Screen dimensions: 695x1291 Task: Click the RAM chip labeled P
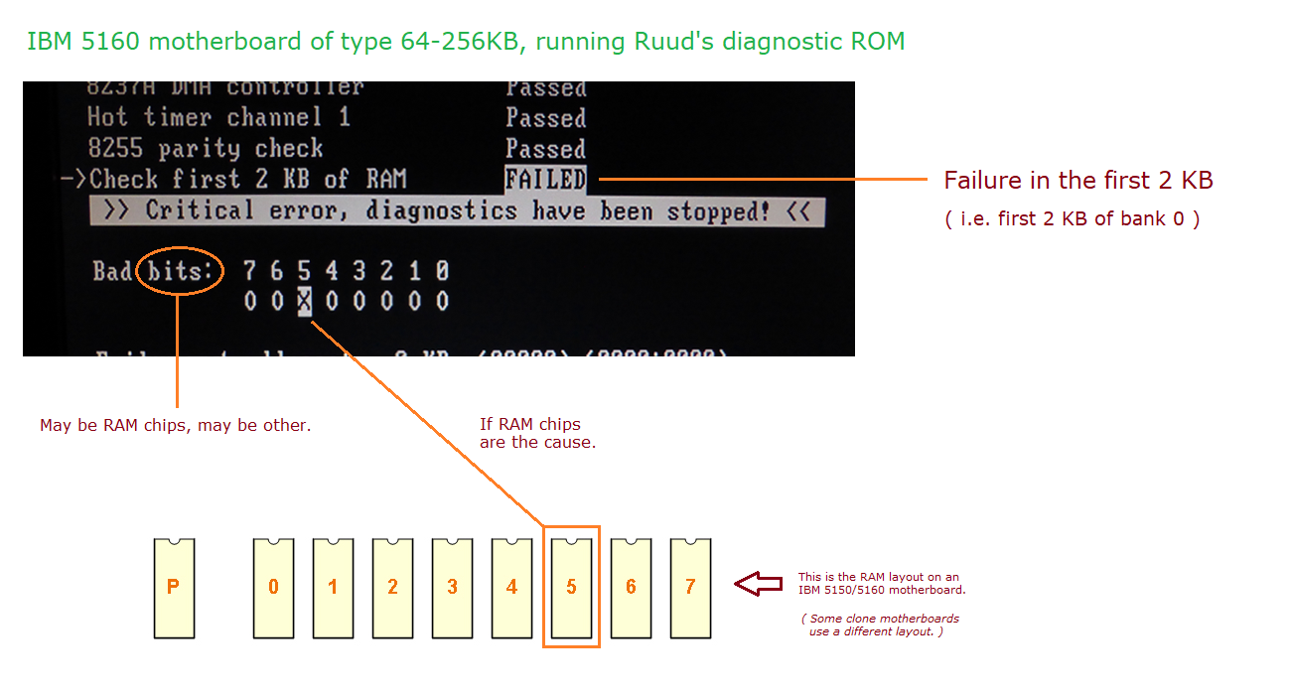(174, 588)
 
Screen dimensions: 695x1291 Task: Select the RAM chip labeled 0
(273, 588)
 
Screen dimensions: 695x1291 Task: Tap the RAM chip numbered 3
(452, 588)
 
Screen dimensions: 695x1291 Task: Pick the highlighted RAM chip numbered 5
(571, 588)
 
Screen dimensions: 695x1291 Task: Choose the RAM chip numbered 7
(690, 588)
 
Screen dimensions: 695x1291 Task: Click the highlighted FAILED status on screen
(545, 180)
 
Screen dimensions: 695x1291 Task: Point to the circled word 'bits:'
(180, 270)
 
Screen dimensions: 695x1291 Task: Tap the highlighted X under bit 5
(305, 301)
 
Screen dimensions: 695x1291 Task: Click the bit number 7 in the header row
(249, 270)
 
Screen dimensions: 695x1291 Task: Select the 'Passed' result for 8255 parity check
(545, 149)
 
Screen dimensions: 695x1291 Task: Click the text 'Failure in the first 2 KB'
(1077, 181)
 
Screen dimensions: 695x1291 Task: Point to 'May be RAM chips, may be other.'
(176, 425)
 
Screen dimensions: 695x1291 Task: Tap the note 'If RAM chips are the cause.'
(537, 433)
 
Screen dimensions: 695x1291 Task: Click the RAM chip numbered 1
(333, 588)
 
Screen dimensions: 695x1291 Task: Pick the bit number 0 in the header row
(442, 270)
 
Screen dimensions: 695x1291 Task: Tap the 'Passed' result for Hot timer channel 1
(545, 118)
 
